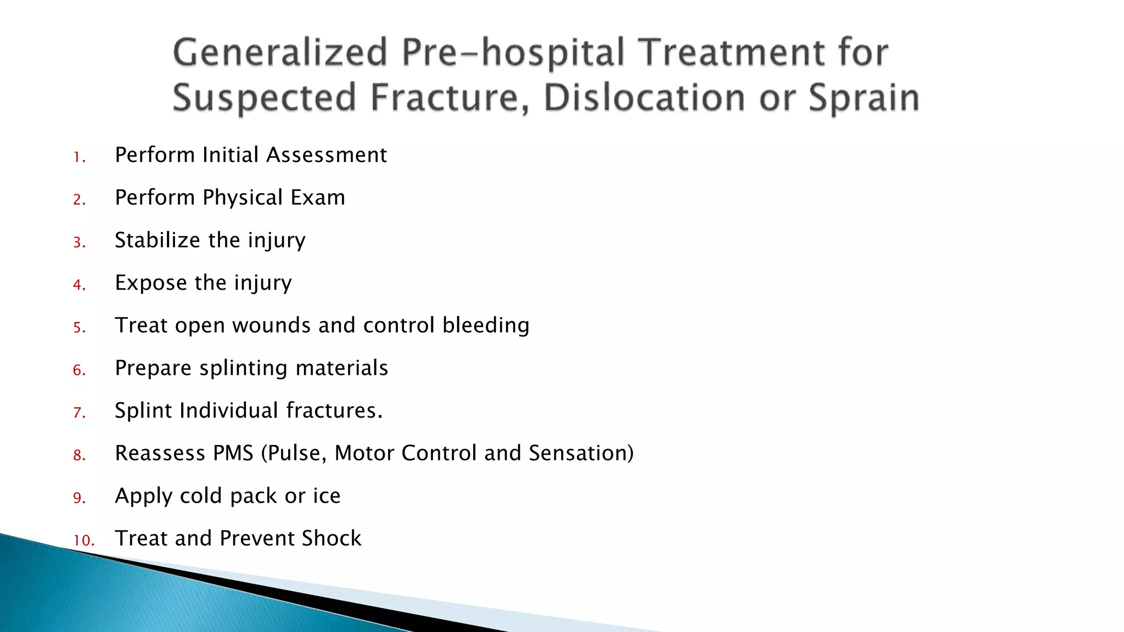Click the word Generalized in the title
[x=280, y=53]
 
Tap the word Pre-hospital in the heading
[x=514, y=53]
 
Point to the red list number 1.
[x=78, y=158]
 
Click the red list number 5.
[x=79, y=328]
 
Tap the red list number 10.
[x=83, y=541]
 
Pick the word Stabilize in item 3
[x=158, y=240]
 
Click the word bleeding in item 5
[x=486, y=325]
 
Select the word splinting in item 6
[x=243, y=368]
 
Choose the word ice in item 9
[x=327, y=496]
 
